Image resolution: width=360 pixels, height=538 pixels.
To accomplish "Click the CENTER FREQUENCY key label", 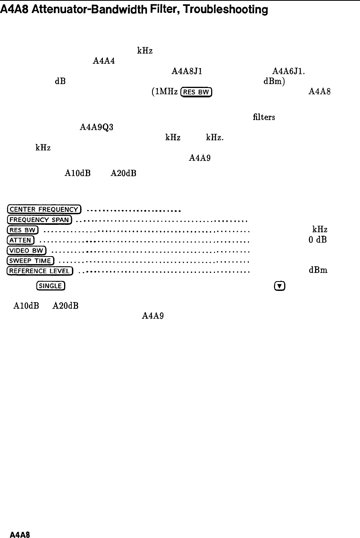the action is click(44, 210).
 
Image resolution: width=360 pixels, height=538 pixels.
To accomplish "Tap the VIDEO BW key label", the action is click(27, 250).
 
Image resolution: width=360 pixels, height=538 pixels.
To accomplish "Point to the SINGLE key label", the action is click(50, 286).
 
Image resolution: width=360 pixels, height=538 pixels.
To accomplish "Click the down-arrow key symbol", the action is click(279, 286).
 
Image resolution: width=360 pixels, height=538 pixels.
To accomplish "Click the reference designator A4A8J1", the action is click(186, 71).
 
